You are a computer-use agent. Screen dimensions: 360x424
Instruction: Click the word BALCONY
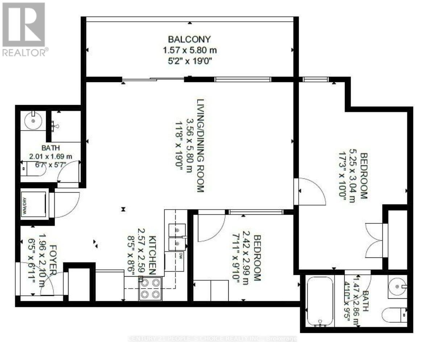189,39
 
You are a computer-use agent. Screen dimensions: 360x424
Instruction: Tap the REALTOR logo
24,29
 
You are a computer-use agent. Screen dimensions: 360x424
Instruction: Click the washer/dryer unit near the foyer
34,204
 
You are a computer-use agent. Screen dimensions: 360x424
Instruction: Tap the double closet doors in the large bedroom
374,240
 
